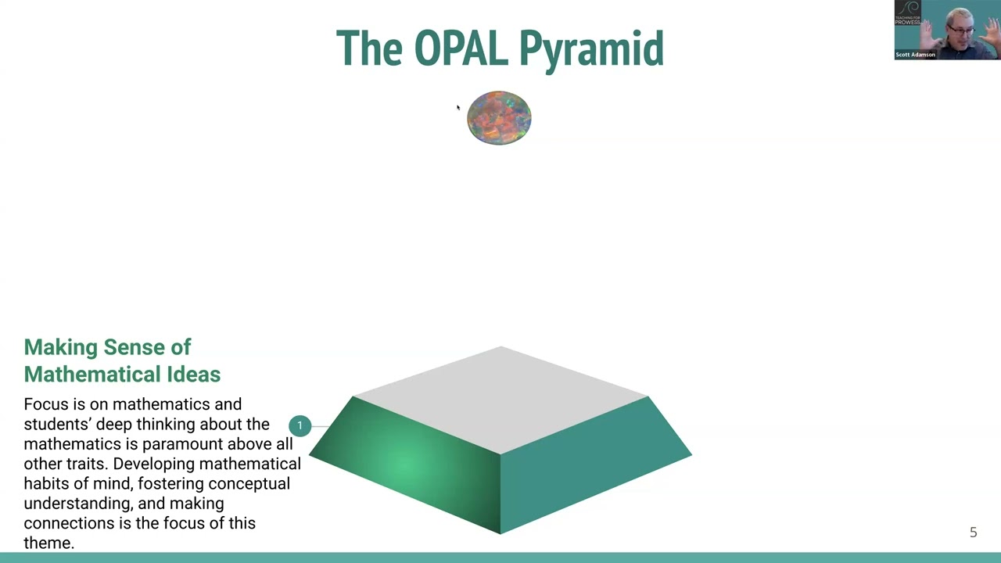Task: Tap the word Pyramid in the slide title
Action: [590, 50]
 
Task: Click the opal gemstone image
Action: [499, 118]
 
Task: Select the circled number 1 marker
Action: [300, 425]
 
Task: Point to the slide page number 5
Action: [973, 533]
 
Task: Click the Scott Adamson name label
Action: [915, 55]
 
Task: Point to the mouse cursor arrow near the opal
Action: [458, 108]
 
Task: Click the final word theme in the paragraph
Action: [48, 543]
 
